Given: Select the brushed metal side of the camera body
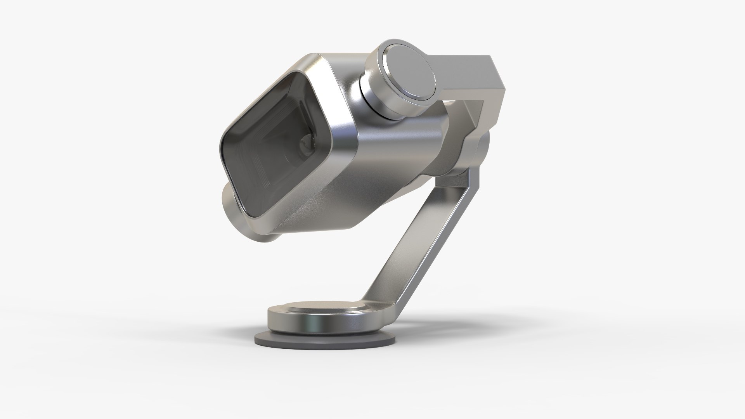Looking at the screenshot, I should point(388,163).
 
